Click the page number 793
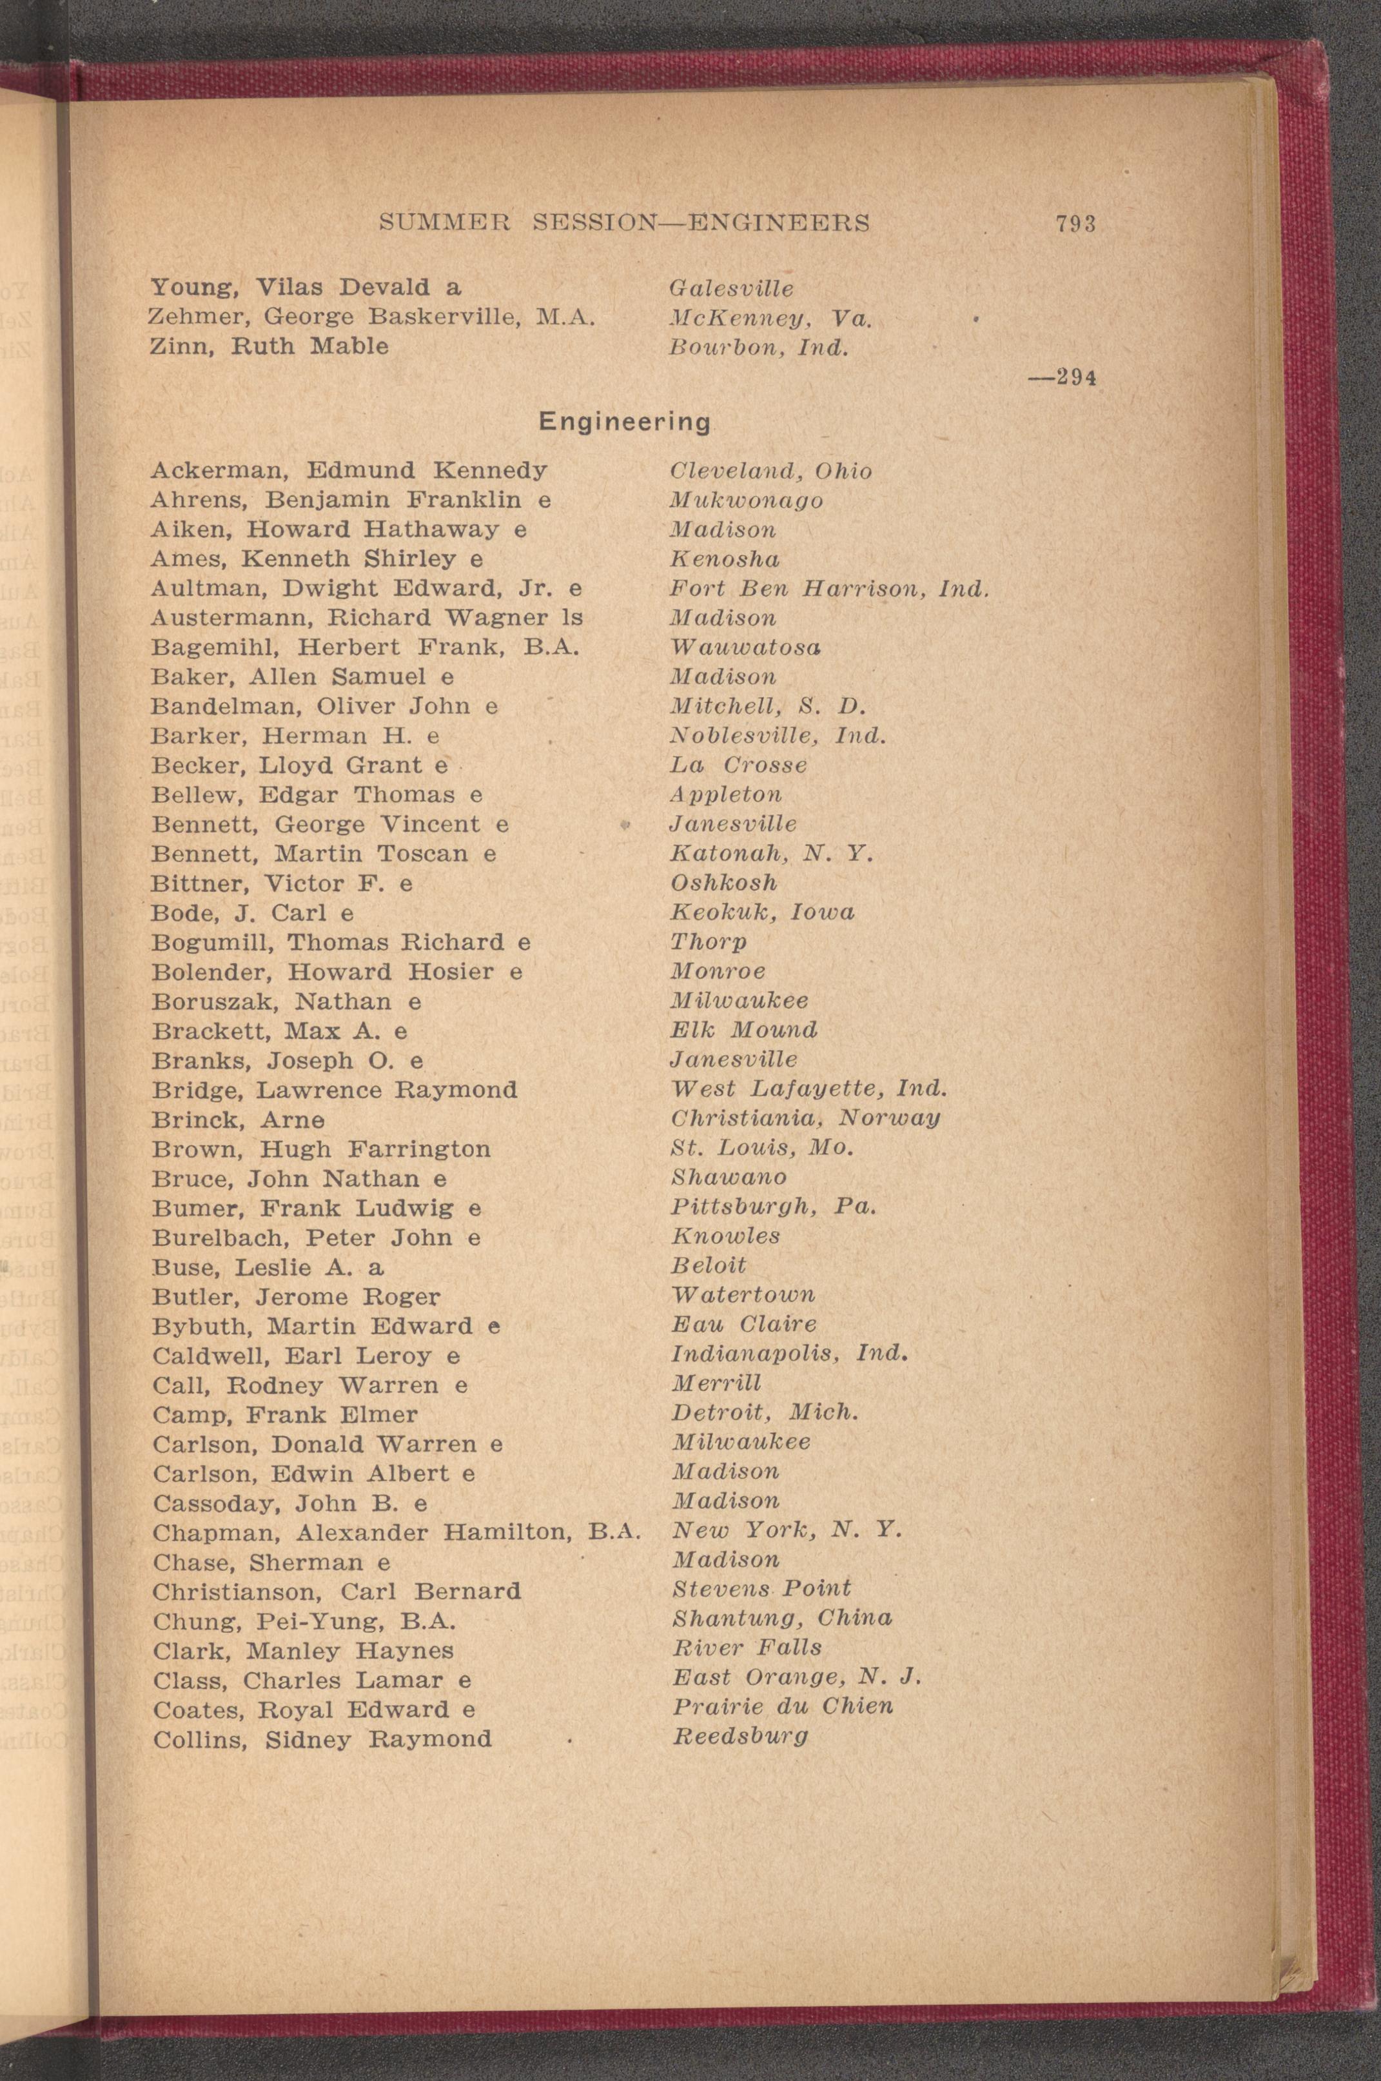(1075, 224)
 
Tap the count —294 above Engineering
(1063, 378)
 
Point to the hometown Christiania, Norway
(805, 1118)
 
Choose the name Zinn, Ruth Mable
(269, 346)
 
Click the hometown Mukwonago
(746, 500)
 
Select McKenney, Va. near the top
(770, 317)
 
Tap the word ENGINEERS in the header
(778, 223)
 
